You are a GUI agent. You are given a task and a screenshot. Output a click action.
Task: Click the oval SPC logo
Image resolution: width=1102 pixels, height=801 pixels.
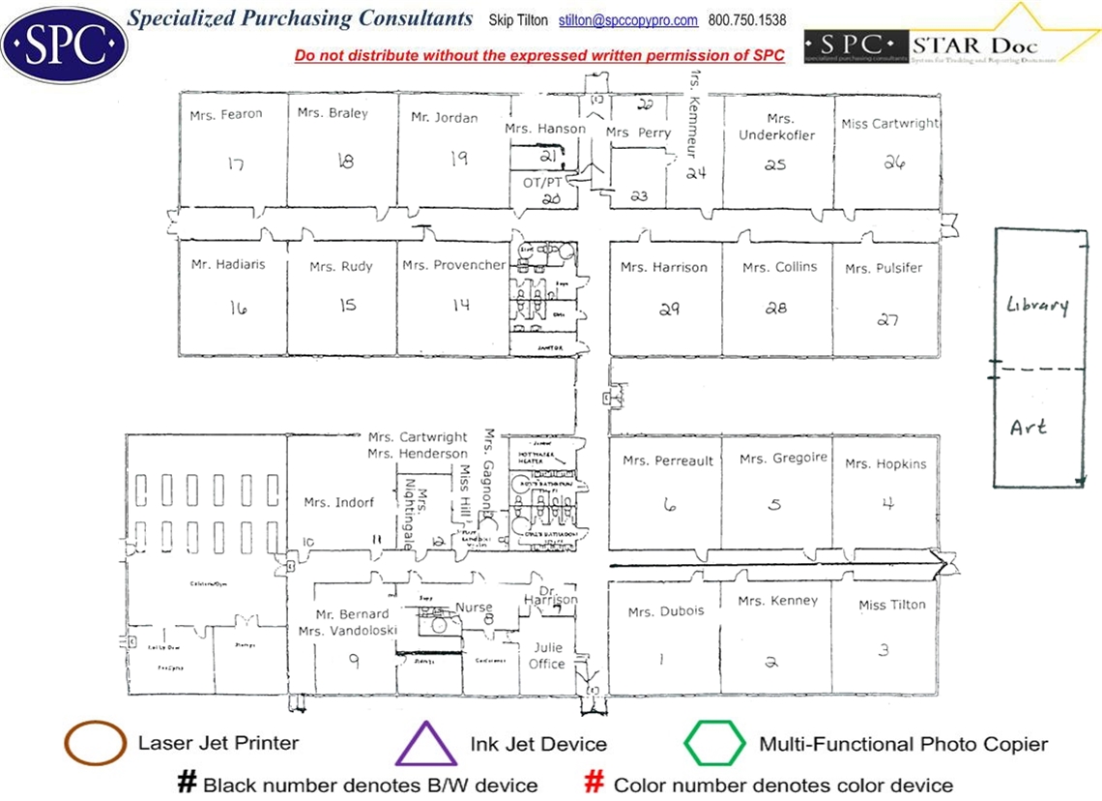[x=64, y=43]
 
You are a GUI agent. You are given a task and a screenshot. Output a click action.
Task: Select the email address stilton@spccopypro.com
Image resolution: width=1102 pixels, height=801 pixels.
[x=628, y=20]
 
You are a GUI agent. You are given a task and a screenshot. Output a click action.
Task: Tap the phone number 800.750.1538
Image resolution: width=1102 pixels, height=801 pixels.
[x=746, y=20]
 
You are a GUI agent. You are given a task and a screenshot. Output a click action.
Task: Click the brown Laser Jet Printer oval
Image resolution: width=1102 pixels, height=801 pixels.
[x=94, y=743]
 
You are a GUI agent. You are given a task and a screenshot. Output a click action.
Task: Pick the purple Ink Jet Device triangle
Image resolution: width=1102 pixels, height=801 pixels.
[x=426, y=744]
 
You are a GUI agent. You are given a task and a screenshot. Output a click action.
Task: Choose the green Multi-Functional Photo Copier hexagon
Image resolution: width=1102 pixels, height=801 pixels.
[x=714, y=744]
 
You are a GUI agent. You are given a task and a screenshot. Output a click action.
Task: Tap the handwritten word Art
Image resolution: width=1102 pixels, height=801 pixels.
[x=1028, y=426]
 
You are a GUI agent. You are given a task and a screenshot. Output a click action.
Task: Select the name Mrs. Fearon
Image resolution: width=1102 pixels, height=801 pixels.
[x=227, y=114]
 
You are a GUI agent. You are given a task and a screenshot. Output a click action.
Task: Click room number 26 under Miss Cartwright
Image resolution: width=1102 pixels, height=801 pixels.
[x=893, y=163]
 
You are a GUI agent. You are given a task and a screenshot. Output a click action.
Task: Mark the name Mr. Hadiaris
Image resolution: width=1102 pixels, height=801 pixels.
[x=228, y=264]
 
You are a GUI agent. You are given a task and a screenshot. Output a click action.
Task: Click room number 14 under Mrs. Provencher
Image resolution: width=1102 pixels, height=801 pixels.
[x=461, y=304]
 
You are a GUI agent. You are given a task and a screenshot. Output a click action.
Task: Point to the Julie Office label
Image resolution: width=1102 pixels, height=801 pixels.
[x=546, y=656]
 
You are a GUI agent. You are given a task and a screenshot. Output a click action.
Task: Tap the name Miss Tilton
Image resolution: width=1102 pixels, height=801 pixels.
[x=891, y=606]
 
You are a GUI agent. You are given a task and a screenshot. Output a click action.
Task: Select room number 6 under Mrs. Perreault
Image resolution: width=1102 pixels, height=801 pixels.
[x=666, y=503]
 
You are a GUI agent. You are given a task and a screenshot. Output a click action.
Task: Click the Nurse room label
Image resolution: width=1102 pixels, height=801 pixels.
[x=474, y=608]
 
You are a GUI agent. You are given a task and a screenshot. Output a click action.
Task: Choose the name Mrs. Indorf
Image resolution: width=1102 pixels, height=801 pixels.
[x=338, y=502]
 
